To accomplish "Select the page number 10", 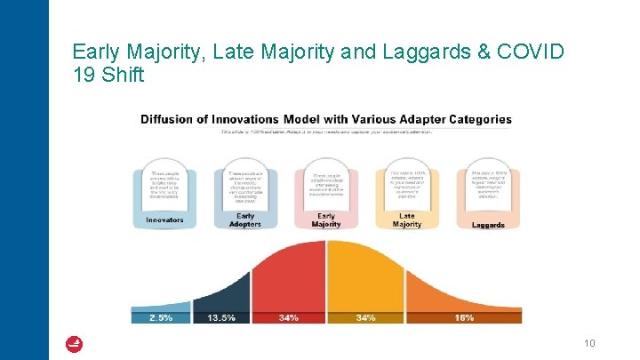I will coord(588,342).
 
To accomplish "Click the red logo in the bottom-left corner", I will coord(75,343).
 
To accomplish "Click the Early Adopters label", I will coord(245,220).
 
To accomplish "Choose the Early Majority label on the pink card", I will coord(326,220).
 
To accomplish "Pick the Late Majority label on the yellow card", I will coord(406,220).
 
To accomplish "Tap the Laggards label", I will coord(488,225).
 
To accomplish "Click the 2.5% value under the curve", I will coord(161,317).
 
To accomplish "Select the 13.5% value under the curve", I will coord(221,317).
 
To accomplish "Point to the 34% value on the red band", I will coord(288,317).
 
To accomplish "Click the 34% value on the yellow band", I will coord(365,317).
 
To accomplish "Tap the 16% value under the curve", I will coord(463,317).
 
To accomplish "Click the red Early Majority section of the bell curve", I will coord(293,276).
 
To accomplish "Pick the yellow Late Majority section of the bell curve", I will coord(364,276).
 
